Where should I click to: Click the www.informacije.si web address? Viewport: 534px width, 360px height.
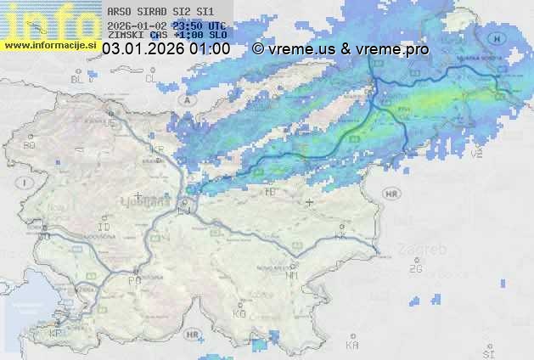(49, 44)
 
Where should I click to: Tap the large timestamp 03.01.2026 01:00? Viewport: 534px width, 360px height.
(166, 49)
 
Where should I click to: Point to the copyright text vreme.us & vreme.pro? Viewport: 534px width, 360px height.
(340, 49)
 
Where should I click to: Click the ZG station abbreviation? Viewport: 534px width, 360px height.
(415, 269)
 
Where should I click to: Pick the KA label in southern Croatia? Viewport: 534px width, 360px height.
(352, 346)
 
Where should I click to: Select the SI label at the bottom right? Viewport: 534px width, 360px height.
(487, 352)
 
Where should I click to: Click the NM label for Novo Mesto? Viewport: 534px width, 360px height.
(293, 275)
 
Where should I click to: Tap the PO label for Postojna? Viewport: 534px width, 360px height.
(134, 280)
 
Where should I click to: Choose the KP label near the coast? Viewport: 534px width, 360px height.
(56, 333)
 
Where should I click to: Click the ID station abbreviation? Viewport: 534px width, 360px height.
(104, 228)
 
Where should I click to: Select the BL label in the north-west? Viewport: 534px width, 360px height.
(78, 79)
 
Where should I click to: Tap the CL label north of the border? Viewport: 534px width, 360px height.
(151, 79)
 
